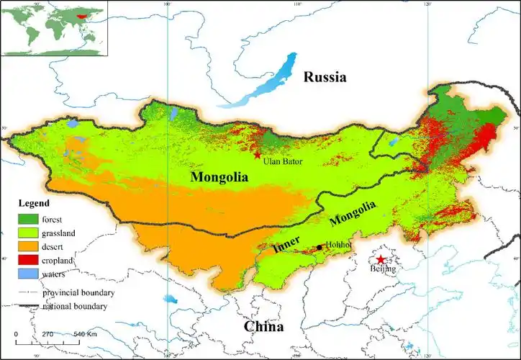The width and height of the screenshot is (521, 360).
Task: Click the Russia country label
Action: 325,77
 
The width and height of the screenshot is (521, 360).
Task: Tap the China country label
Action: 263,326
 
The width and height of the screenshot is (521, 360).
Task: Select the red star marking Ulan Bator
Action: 257,155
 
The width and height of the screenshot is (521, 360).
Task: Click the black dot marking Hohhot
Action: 319,247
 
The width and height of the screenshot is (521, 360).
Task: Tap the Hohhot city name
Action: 338,245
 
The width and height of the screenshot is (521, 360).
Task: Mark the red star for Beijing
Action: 380,259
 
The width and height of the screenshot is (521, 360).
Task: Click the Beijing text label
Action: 380,269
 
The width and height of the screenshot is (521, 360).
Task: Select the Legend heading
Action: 34,204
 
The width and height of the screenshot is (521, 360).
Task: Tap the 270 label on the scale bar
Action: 47,335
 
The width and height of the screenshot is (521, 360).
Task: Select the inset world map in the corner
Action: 55,28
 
